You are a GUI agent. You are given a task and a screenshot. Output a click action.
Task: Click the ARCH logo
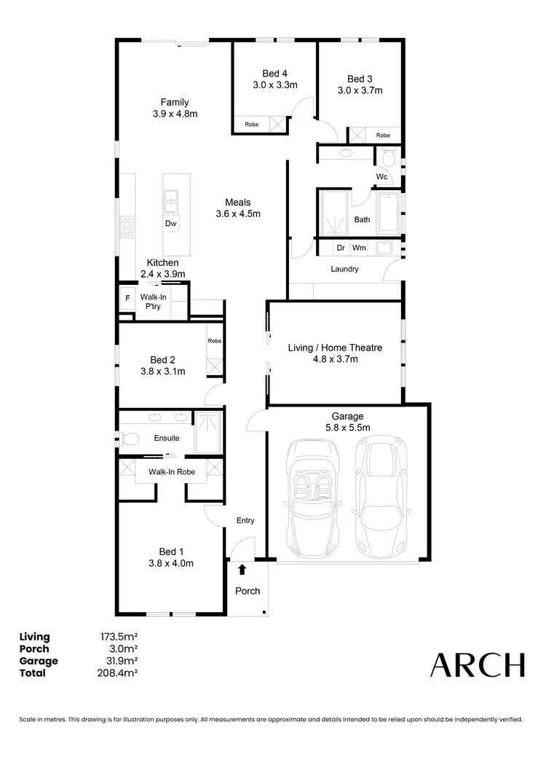pos(478,665)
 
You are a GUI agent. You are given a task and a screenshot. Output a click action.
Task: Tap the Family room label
pos(175,103)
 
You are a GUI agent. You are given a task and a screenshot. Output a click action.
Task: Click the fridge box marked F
pos(127,298)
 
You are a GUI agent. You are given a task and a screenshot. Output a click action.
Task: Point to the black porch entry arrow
pos(242,570)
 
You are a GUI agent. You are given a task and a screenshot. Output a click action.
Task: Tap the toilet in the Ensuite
pos(130,439)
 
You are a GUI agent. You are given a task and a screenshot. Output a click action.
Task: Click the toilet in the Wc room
pos(388,157)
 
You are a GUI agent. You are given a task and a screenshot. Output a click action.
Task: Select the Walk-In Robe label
pos(172,472)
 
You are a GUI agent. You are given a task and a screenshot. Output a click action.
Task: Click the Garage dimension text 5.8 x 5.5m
pos(348,428)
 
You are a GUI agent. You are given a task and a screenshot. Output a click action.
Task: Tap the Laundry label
pos(344,269)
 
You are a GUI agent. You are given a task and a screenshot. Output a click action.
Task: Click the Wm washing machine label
pos(359,248)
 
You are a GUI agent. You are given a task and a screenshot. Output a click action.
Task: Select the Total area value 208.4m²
pos(119,672)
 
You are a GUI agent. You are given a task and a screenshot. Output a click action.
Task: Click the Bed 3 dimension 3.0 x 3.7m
pos(360,90)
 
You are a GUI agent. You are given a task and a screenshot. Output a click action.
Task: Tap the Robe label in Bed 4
pos(251,125)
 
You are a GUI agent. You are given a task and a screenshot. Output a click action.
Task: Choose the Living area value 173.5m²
pos(119,637)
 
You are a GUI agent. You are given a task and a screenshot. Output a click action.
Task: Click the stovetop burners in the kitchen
pos(127,226)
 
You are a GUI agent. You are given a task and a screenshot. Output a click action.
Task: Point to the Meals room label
pos(238,203)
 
